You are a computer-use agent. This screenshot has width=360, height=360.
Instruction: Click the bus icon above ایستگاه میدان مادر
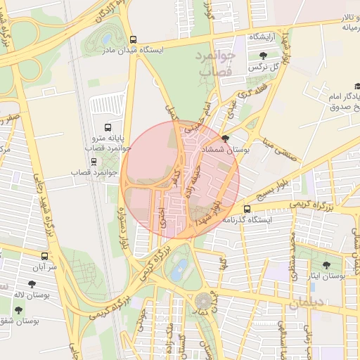coord(134,39)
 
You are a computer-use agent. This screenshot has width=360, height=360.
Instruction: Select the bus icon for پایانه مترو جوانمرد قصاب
coord(108,127)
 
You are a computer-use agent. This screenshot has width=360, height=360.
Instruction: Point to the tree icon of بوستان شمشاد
coord(225,139)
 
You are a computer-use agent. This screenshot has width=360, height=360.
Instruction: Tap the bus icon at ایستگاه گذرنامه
coord(247,209)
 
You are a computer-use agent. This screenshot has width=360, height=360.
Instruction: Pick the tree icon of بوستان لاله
coord(31,285)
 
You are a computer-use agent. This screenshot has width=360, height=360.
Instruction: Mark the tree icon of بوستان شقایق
coord(18,309)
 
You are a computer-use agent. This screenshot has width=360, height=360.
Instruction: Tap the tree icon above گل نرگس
coord(263,56)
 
